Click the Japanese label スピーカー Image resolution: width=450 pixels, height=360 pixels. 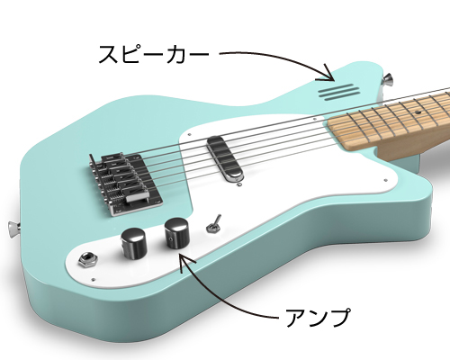(x=153, y=54)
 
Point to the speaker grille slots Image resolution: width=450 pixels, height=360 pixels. (x=339, y=92)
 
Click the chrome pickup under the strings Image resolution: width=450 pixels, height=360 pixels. (x=224, y=158)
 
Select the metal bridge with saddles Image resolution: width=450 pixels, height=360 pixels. (x=126, y=183)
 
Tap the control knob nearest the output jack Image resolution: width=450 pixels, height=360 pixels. (x=133, y=243)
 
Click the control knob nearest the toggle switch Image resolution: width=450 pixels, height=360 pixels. (x=176, y=233)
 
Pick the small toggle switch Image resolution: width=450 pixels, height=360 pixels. (x=213, y=224)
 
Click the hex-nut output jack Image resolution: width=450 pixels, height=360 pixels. (x=87, y=260)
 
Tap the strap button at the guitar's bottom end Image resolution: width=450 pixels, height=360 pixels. (x=13, y=229)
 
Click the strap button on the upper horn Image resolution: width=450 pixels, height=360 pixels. (x=388, y=80)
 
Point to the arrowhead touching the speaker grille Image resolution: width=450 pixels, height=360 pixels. (x=329, y=74)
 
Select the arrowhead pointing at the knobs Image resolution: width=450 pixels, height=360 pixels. (x=184, y=260)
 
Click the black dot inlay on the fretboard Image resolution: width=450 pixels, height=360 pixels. (x=417, y=112)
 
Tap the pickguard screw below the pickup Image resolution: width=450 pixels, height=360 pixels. (x=239, y=184)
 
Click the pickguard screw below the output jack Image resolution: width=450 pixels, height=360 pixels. (x=93, y=280)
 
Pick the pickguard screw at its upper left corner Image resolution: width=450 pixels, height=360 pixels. (x=190, y=135)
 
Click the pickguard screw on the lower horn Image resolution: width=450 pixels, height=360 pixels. (x=386, y=180)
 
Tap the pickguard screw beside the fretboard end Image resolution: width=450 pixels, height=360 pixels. (x=314, y=119)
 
